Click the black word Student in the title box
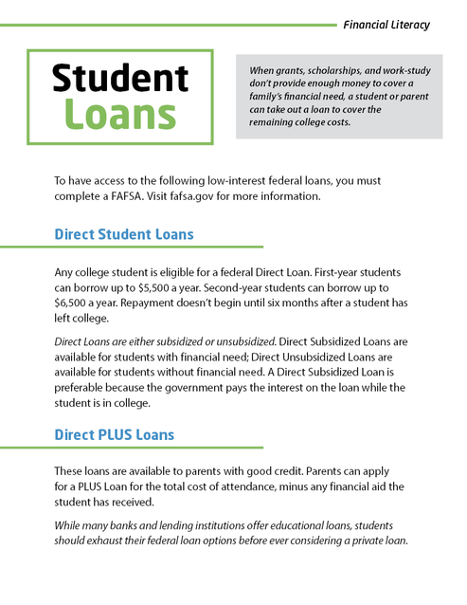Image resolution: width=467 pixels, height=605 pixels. (x=119, y=78)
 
